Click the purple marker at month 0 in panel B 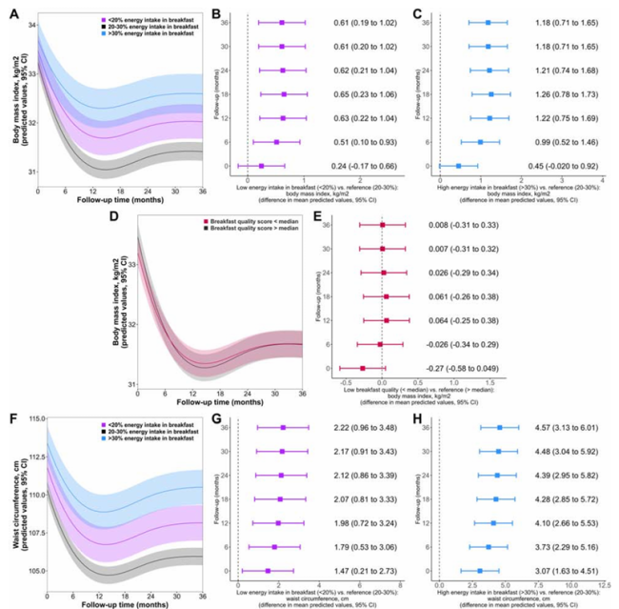tap(262, 166)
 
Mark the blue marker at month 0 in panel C tap(458, 166)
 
